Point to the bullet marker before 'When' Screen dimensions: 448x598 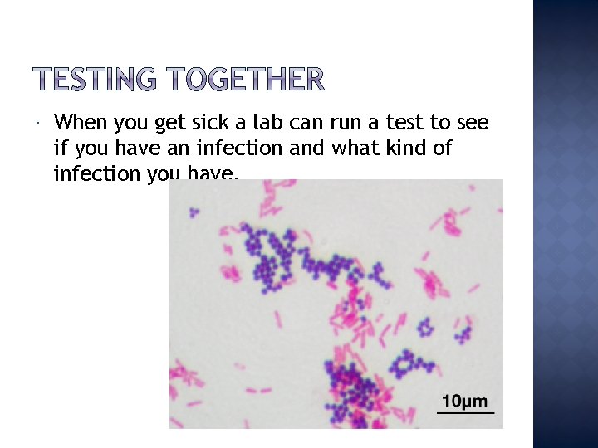point(39,124)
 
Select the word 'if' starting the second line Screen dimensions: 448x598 point(59,149)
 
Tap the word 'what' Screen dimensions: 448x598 point(354,149)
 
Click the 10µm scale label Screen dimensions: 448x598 point(465,402)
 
